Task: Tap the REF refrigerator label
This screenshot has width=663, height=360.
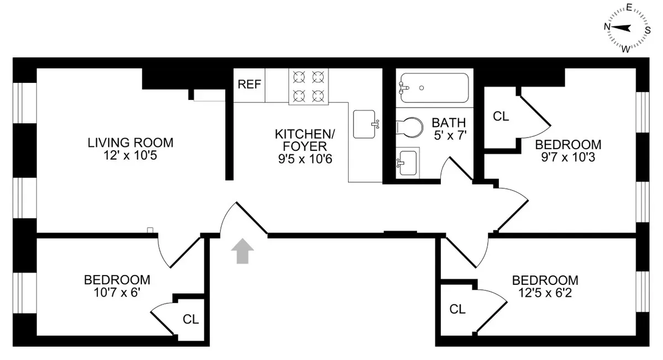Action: coord(249,85)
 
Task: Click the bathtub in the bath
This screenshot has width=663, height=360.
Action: coord(434,87)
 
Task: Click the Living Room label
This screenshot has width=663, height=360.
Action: coord(130,143)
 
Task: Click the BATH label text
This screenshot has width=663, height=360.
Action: coord(449,123)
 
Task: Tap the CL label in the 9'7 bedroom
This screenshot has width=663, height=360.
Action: coord(501,117)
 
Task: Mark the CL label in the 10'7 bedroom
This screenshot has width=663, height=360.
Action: coord(191,319)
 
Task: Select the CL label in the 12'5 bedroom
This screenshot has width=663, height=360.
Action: coord(457,309)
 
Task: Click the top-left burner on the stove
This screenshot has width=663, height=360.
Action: coord(299,77)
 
